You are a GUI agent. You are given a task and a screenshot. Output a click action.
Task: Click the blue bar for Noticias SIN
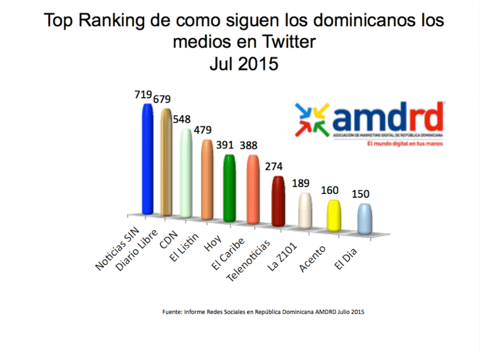147,160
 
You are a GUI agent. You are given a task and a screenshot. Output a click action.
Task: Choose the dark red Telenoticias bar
278,201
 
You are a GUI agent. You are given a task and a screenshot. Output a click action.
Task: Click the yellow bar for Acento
333,215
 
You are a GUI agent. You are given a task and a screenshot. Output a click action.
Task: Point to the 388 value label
251,146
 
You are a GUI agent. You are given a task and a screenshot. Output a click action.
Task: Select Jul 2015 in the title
243,64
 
